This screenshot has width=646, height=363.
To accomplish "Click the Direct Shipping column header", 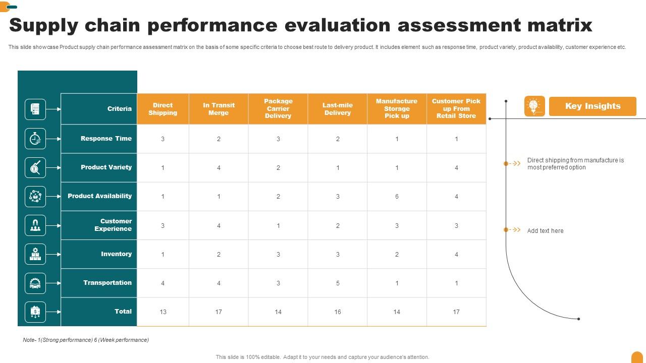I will tap(163, 109).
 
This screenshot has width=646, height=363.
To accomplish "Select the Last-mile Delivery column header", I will tap(338, 109).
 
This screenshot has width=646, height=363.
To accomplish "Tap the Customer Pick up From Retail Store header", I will tap(456, 108).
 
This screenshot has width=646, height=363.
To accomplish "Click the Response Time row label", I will tap(106, 139).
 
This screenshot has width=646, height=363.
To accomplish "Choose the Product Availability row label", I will tap(99, 196).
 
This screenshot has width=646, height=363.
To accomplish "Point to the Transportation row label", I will tap(107, 283).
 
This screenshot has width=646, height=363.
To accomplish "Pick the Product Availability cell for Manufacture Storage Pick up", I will tap(397, 197).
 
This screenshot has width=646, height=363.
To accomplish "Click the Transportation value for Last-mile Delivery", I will tap(338, 283).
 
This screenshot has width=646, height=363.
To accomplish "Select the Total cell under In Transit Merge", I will tap(219, 312).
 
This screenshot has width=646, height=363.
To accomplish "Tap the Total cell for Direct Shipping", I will tap(163, 312).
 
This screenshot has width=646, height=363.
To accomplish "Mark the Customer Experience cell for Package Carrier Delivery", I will tap(278, 226).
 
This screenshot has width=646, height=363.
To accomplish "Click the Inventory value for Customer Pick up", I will tap(456, 255).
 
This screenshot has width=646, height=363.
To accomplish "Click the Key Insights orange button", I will tap(593, 106).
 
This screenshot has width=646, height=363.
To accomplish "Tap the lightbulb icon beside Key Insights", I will tap(534, 106).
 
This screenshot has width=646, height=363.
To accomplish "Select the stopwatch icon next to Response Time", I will tap(35, 139).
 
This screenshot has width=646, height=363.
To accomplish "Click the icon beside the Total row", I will tap(35, 312).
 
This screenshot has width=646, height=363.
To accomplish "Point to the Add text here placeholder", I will tap(545, 231).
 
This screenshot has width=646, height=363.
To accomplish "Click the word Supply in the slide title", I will tap(43, 25).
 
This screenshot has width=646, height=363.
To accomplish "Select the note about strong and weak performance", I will tap(86, 340).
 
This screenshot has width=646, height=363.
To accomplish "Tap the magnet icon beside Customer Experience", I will tap(35, 225).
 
